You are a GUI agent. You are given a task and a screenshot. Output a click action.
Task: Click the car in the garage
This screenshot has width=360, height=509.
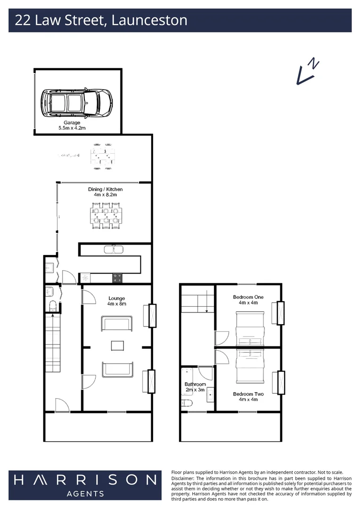coord(76,102)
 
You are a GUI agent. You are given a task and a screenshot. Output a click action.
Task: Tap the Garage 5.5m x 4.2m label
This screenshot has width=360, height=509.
coord(72,125)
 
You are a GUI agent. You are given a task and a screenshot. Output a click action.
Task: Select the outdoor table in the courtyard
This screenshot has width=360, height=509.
coord(103,156)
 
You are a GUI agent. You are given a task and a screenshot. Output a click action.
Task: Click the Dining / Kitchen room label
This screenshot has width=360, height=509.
coord(105,191)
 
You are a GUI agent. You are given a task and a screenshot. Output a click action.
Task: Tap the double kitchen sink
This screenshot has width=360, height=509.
coord(113,249)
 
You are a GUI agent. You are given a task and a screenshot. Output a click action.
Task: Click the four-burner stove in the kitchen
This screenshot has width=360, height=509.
coord(117,278)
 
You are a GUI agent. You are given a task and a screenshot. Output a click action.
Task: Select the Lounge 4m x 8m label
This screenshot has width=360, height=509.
coord(116,301)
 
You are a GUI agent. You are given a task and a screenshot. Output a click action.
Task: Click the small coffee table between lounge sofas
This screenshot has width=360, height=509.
coord(117,345)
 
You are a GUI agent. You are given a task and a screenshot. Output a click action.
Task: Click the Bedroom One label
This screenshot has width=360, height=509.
coord(248,300)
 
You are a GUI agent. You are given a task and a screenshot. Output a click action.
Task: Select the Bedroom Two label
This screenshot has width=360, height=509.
coord(248,396)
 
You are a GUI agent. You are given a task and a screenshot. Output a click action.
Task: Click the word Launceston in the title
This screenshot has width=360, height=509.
coord(149,20)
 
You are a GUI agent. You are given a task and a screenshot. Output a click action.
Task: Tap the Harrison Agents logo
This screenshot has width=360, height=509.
coord(85,484)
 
